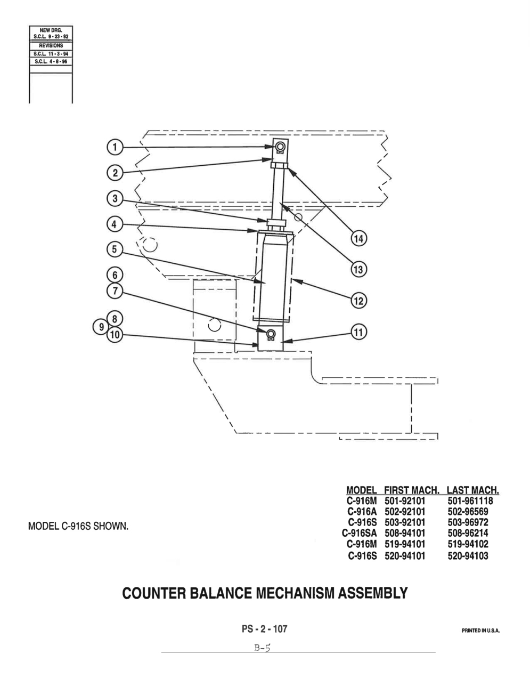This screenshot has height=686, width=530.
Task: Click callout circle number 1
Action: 115,147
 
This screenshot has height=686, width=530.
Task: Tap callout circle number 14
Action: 358,239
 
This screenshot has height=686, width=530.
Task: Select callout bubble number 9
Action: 101,326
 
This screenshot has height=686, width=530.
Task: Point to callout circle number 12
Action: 358,301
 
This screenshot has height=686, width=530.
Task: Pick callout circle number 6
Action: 115,275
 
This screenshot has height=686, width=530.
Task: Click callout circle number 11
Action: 358,332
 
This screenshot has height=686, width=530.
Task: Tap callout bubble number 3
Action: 115,199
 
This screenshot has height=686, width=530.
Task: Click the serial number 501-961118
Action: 470,501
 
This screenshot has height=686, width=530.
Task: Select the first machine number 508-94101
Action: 405,533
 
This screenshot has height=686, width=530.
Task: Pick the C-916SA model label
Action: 360,533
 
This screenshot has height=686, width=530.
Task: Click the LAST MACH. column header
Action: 473,490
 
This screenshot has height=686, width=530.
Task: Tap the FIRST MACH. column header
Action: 412,490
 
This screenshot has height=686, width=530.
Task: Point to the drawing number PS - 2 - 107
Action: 264,629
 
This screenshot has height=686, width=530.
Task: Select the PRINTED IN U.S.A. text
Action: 480,631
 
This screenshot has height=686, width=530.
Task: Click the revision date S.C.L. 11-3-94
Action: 51,54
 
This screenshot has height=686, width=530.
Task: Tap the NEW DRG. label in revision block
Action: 51,30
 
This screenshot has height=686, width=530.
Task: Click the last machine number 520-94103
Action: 468,556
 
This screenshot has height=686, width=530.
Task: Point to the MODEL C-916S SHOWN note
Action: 78,526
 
